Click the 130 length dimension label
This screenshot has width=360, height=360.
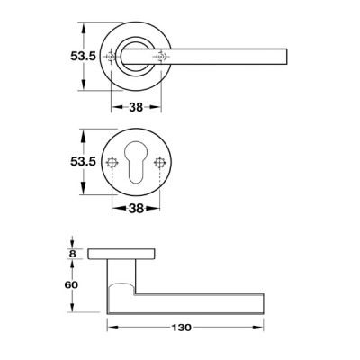pyautogui.click(x=181, y=328)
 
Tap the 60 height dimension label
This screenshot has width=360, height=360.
pyautogui.click(x=71, y=284)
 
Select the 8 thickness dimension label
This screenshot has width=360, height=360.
pyautogui.click(x=73, y=254)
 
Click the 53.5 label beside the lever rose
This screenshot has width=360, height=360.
pyautogui.click(x=83, y=56)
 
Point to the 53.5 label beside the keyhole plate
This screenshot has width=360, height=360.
pyautogui.click(x=83, y=161)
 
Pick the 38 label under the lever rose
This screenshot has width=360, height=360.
pyautogui.click(x=136, y=107)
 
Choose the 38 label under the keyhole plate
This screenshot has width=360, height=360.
pyautogui.click(x=136, y=209)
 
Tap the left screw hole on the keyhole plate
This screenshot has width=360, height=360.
pyautogui.click(x=112, y=163)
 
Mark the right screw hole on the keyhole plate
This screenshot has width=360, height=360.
pyautogui.click(x=159, y=163)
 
